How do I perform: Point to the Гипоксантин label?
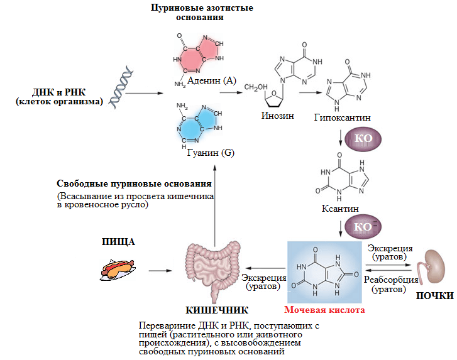[342, 117]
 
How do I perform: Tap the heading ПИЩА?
[119, 241]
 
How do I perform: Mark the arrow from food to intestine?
[161, 271]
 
